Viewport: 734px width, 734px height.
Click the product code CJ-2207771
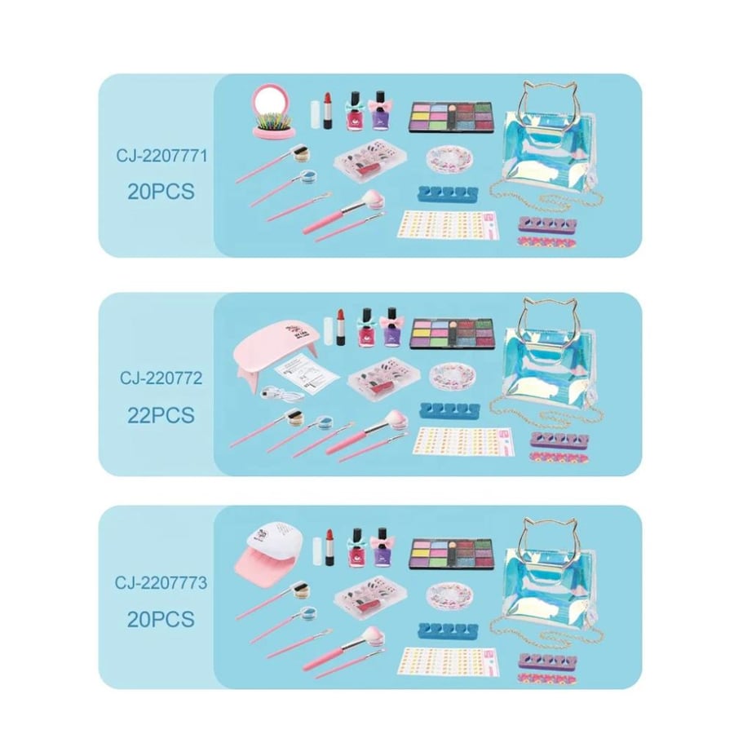[x=161, y=156]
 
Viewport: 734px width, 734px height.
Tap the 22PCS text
[x=161, y=415]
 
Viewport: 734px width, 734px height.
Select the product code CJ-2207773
[x=161, y=583]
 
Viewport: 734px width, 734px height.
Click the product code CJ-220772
[x=161, y=378]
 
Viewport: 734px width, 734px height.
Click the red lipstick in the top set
[x=328, y=111]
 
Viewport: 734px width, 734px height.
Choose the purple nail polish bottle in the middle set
[x=391, y=326]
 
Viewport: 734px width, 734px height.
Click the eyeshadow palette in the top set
[x=452, y=117]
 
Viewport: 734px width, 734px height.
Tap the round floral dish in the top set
[x=449, y=159]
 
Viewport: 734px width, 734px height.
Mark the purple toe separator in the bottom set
[x=547, y=660]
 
